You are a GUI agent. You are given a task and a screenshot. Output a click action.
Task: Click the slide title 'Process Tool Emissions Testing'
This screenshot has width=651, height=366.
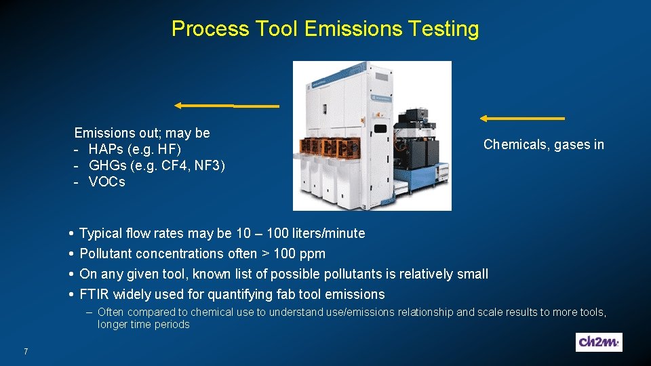click(x=325, y=29)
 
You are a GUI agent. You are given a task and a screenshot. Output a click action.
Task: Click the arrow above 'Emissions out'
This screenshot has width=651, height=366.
click(x=226, y=106)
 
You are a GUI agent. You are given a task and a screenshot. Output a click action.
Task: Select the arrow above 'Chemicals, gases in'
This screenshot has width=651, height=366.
click(x=522, y=119)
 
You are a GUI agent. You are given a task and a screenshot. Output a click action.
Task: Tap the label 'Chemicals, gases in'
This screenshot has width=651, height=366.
click(x=543, y=144)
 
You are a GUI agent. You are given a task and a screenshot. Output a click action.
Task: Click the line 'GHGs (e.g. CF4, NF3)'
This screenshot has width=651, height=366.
click(x=157, y=165)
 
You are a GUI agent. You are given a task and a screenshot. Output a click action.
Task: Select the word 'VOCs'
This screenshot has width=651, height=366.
click(x=106, y=182)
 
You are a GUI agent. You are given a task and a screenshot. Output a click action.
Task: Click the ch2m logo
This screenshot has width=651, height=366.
click(x=599, y=342)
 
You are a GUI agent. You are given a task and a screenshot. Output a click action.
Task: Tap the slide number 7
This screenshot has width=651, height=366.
click(x=25, y=351)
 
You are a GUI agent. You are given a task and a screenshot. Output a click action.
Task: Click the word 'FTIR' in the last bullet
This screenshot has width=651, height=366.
click(x=95, y=295)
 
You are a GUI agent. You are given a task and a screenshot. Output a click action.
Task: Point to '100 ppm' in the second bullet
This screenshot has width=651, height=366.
click(x=298, y=254)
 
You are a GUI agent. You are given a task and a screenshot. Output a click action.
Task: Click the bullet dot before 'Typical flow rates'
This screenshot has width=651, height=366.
click(x=71, y=234)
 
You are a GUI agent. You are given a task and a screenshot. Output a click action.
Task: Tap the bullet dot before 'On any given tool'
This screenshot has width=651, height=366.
click(x=71, y=274)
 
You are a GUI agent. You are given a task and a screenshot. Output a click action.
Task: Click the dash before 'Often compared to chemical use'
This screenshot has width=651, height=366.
click(x=90, y=312)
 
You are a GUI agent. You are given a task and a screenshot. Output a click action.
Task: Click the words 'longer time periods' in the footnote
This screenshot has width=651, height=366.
click(x=143, y=325)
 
